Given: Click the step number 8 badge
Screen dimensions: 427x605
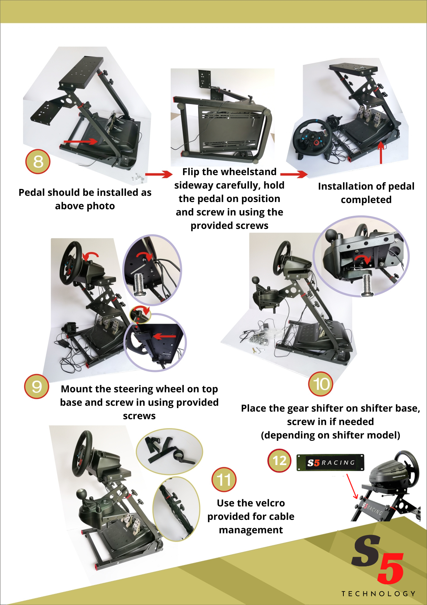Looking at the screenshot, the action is click(38, 161).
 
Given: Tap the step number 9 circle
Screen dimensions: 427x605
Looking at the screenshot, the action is click(36, 386).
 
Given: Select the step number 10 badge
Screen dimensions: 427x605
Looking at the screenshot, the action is click(321, 384).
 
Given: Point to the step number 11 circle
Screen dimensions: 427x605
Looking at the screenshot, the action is click(224, 480).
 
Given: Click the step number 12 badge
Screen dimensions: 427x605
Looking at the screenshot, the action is click(279, 461).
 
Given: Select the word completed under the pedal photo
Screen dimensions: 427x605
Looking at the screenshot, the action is click(366, 200).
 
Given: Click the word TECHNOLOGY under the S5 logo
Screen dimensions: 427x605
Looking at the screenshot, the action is click(378, 594).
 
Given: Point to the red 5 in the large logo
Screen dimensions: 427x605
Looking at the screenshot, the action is click(391, 567).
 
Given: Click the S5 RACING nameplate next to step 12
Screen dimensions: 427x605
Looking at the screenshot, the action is click(330, 463).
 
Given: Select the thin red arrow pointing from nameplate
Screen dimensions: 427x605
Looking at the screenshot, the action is click(352, 486).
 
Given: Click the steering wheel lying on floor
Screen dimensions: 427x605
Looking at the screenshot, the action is click(312, 138).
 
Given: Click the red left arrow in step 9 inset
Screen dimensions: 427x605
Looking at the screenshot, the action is click(164, 336).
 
